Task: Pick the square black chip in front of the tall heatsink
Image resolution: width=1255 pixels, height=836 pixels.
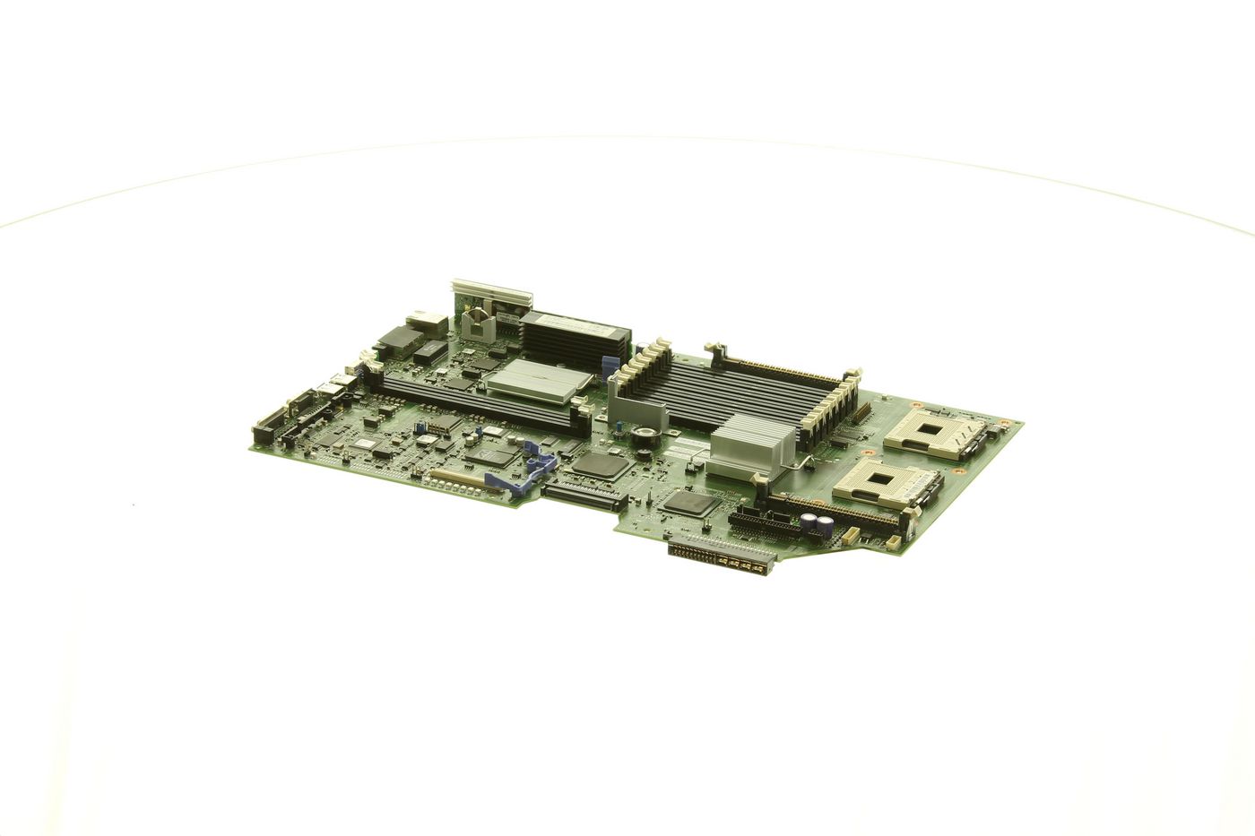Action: point(688,501)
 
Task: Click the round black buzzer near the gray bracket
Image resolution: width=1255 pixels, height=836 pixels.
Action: point(643,436)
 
